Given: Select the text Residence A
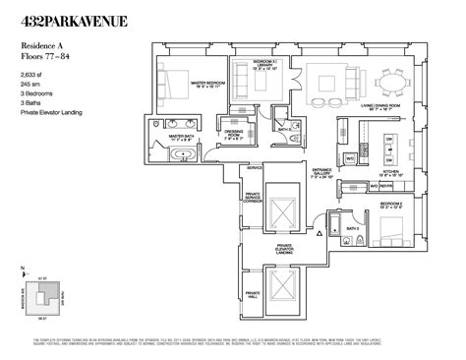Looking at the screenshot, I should coord(44,45).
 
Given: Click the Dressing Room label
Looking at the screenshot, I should coord(234,137).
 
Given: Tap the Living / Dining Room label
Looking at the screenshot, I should coord(379,103).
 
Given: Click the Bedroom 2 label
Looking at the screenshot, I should coord(386,207).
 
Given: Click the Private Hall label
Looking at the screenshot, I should coord(253,294).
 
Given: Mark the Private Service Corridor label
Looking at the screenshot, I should coord(254,198).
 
